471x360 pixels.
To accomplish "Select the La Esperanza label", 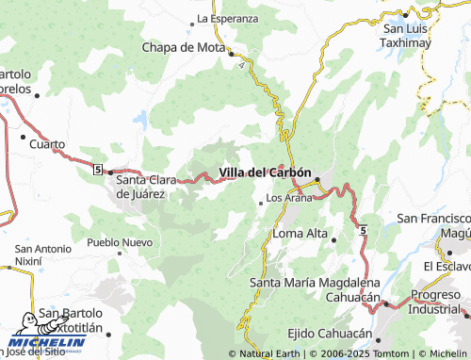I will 227,18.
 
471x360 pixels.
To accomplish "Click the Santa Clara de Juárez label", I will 154,187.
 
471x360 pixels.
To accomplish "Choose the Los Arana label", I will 289,198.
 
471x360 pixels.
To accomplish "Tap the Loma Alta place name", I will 299,233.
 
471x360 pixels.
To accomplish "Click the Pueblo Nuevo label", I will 120,242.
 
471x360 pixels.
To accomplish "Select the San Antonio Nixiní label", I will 42,254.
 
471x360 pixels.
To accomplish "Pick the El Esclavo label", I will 447,267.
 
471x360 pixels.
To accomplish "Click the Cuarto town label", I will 47,144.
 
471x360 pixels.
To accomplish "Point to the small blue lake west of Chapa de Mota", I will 140,120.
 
